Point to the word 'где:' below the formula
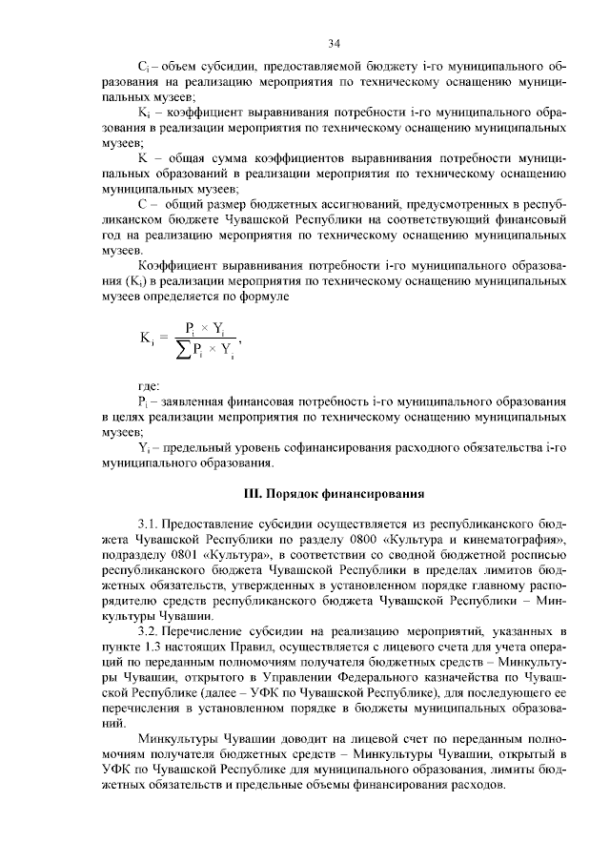149,384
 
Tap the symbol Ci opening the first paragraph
144,69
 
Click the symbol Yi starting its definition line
145,447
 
